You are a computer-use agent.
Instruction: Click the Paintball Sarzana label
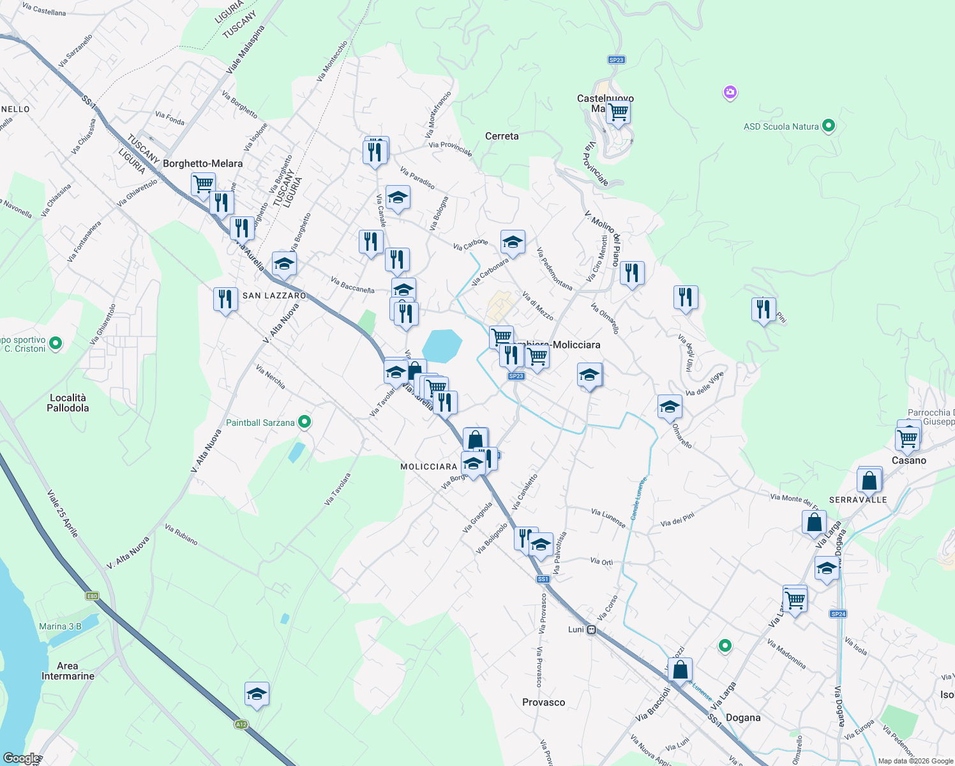click(x=260, y=423)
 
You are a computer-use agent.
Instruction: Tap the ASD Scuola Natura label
click(x=781, y=126)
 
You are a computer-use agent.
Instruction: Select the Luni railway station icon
click(x=592, y=630)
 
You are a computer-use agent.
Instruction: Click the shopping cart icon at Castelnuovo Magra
click(x=618, y=112)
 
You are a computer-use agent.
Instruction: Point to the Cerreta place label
click(x=502, y=136)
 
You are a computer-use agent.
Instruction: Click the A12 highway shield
click(x=241, y=725)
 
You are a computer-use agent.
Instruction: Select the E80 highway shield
click(x=93, y=596)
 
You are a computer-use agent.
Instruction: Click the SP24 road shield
click(x=838, y=614)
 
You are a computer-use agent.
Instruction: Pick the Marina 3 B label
click(x=60, y=626)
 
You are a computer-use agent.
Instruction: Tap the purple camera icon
click(x=730, y=93)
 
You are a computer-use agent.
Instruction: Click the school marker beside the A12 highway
click(x=257, y=694)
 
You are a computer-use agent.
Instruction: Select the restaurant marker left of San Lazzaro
click(x=225, y=299)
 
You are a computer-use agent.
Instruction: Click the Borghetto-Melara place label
click(x=202, y=163)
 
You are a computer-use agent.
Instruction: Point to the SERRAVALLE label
click(x=858, y=500)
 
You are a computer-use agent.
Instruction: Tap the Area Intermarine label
click(x=68, y=671)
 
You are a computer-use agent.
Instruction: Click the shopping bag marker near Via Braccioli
click(x=681, y=670)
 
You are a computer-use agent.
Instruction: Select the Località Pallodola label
click(x=68, y=403)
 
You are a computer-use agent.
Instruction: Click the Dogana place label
click(x=743, y=717)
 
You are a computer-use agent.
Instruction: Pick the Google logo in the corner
click(x=20, y=758)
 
